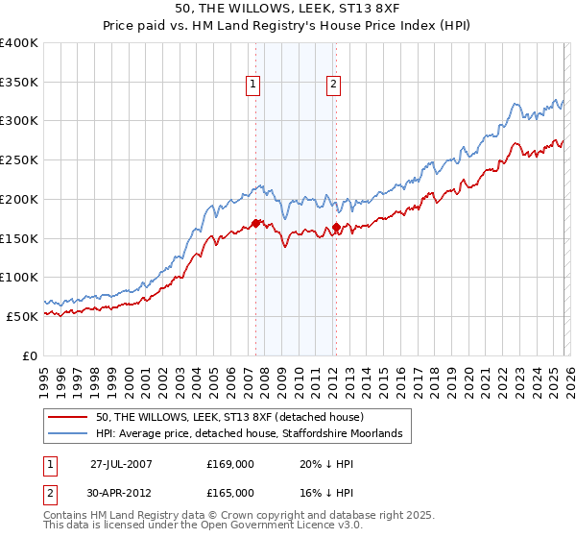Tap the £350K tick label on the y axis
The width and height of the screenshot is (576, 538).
[19, 83]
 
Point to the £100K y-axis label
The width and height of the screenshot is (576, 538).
[19, 277]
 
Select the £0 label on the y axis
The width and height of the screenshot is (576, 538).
[31, 355]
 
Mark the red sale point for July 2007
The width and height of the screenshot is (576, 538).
[256, 223]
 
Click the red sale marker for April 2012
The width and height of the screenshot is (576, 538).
[336, 229]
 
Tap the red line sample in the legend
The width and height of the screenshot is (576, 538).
[69, 417]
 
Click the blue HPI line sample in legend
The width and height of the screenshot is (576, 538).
[69, 434]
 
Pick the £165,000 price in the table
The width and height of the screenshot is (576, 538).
[230, 491]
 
